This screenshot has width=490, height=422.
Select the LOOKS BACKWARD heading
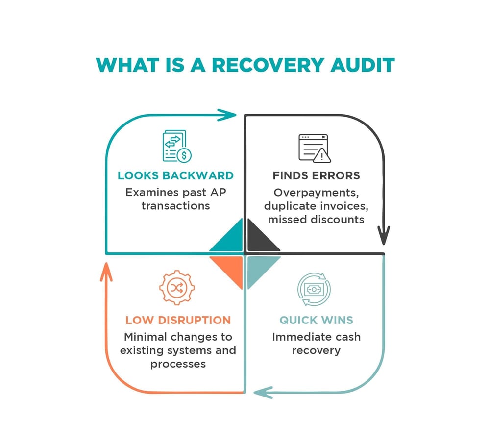point(175,175)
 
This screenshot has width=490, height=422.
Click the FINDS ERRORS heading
point(316,175)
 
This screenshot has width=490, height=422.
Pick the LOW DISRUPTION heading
point(178,321)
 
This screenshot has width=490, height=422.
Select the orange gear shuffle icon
point(175,288)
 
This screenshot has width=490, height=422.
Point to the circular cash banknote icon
point(314,288)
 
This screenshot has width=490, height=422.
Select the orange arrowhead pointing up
point(106,272)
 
